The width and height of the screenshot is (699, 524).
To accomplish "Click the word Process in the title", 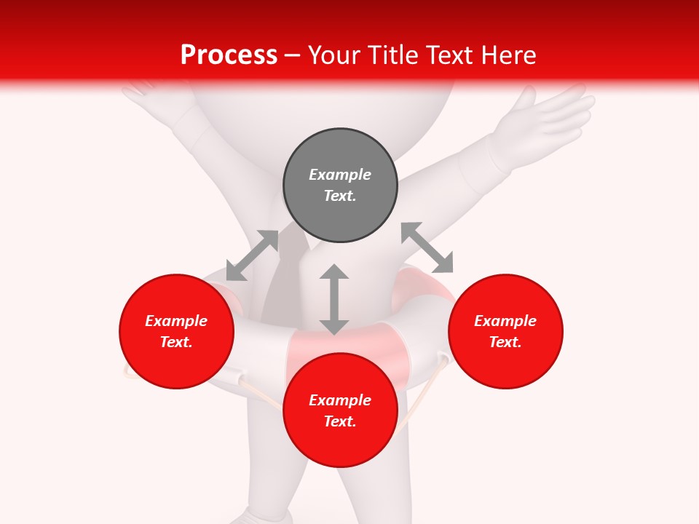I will [229, 55].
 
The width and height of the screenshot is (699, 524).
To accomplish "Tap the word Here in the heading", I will [508, 55].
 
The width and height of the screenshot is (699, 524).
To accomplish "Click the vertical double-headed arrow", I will [334, 299].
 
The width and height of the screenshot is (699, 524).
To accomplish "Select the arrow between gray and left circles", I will [252, 255].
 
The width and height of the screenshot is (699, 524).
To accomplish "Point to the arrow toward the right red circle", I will [427, 247].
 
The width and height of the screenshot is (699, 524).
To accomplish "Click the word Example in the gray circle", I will [340, 175].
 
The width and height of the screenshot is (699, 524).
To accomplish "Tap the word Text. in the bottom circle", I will [340, 421].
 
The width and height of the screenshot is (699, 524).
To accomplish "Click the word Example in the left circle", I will [176, 321].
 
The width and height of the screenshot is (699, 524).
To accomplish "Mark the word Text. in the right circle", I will [505, 342].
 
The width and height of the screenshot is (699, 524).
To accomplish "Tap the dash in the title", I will [293, 55].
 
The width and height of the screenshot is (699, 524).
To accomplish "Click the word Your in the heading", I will [336, 55].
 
